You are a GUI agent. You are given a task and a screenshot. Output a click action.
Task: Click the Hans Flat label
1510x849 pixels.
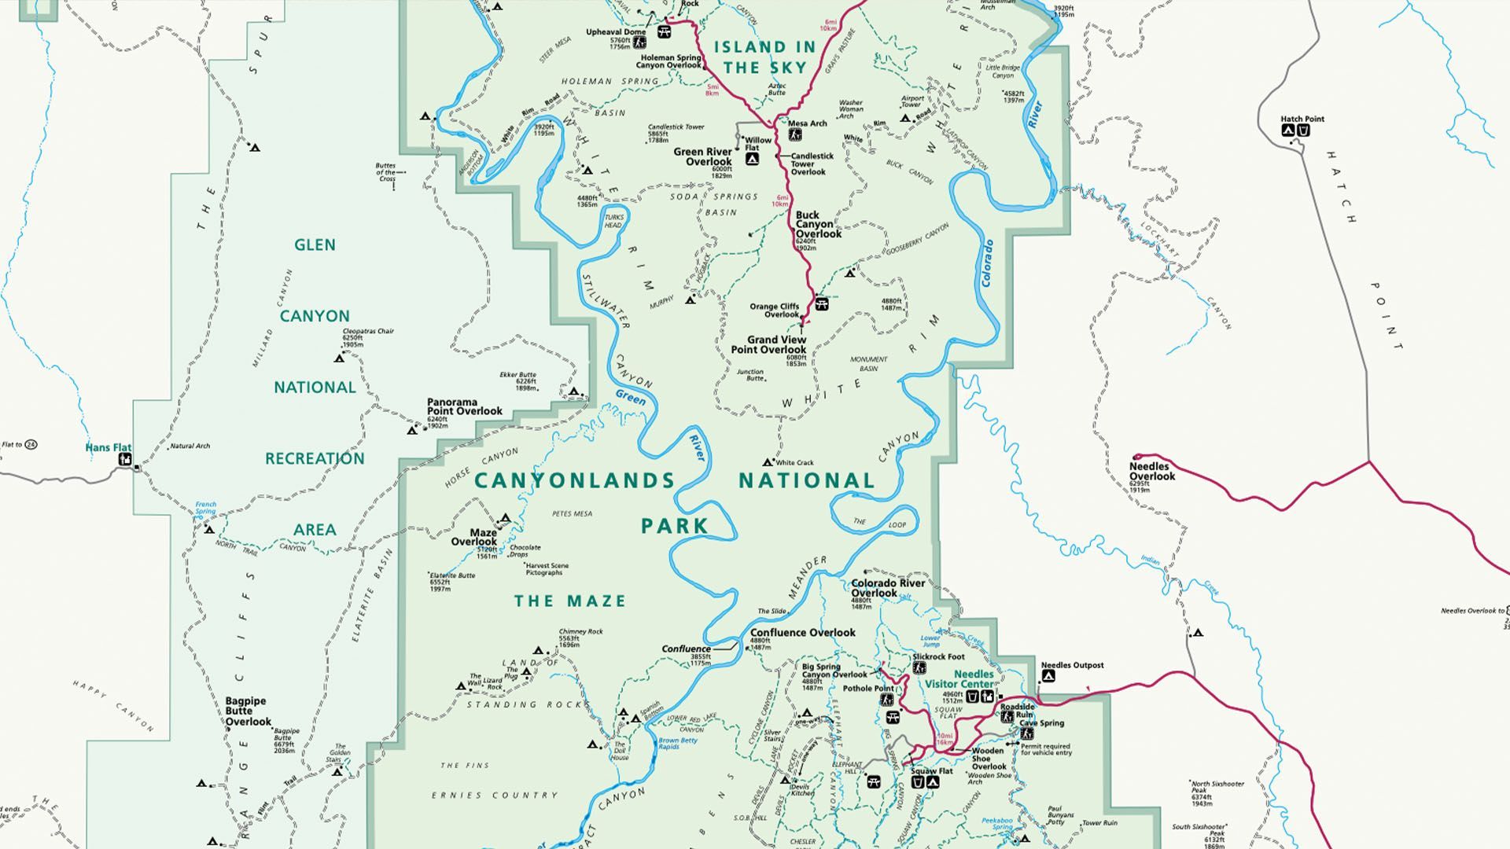pyautogui.click(x=109, y=447)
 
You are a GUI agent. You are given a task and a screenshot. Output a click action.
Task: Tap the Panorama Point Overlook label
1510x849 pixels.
pyautogui.click(x=464, y=406)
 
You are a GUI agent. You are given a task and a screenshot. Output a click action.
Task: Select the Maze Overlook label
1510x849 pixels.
pyautogui.click(x=474, y=537)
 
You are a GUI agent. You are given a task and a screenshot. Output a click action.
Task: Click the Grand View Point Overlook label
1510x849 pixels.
pyautogui.click(x=768, y=344)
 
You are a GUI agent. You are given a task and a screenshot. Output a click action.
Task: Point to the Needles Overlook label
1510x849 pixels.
pyautogui.click(x=1152, y=471)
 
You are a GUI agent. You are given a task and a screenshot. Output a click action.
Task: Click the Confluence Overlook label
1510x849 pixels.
pyautogui.click(x=802, y=632)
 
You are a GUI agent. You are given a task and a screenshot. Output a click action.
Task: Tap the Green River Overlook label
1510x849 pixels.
pyautogui.click(x=702, y=156)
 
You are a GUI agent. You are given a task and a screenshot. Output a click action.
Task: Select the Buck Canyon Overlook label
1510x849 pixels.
pyautogui.click(x=818, y=224)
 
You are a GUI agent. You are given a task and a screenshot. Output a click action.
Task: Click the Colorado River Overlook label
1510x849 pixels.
pyautogui.click(x=888, y=588)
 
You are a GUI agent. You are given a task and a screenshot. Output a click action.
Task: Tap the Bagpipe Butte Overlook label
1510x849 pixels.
pyautogui.click(x=248, y=711)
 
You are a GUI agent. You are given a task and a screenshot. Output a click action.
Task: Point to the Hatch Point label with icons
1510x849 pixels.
pyautogui.click(x=1302, y=119)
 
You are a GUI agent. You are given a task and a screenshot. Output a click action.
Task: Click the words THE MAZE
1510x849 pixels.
pyautogui.click(x=570, y=601)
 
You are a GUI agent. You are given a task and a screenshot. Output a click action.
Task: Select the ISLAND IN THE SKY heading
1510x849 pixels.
pyautogui.click(x=764, y=57)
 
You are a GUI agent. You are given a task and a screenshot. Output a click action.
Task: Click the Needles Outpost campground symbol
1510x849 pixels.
pyautogui.click(x=1048, y=677)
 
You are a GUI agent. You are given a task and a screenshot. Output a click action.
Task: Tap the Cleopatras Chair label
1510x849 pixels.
pyautogui.click(x=368, y=331)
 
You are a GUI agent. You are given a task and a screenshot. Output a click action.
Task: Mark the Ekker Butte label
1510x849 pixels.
pyautogui.click(x=517, y=375)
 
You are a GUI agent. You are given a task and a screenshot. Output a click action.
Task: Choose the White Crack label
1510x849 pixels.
pyautogui.click(x=794, y=463)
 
